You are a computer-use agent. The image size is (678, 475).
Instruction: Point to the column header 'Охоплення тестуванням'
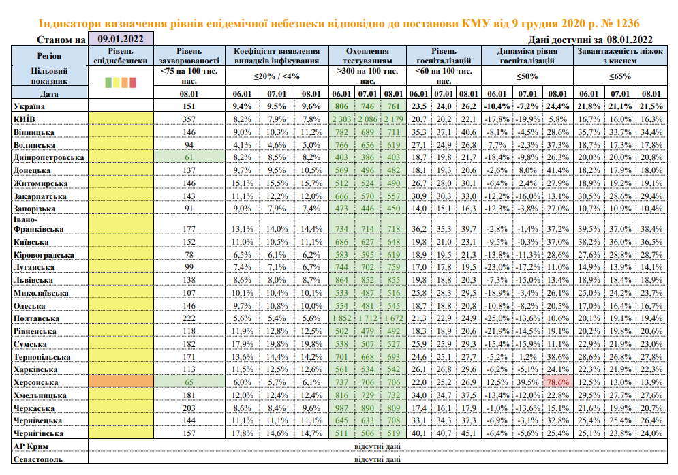[x=368, y=56]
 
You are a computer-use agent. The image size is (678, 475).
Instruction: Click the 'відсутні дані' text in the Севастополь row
[x=377, y=459]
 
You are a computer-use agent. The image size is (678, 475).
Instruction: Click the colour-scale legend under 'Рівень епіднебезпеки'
[x=121, y=82]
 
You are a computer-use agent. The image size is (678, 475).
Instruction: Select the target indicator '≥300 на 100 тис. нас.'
[x=368, y=76]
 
